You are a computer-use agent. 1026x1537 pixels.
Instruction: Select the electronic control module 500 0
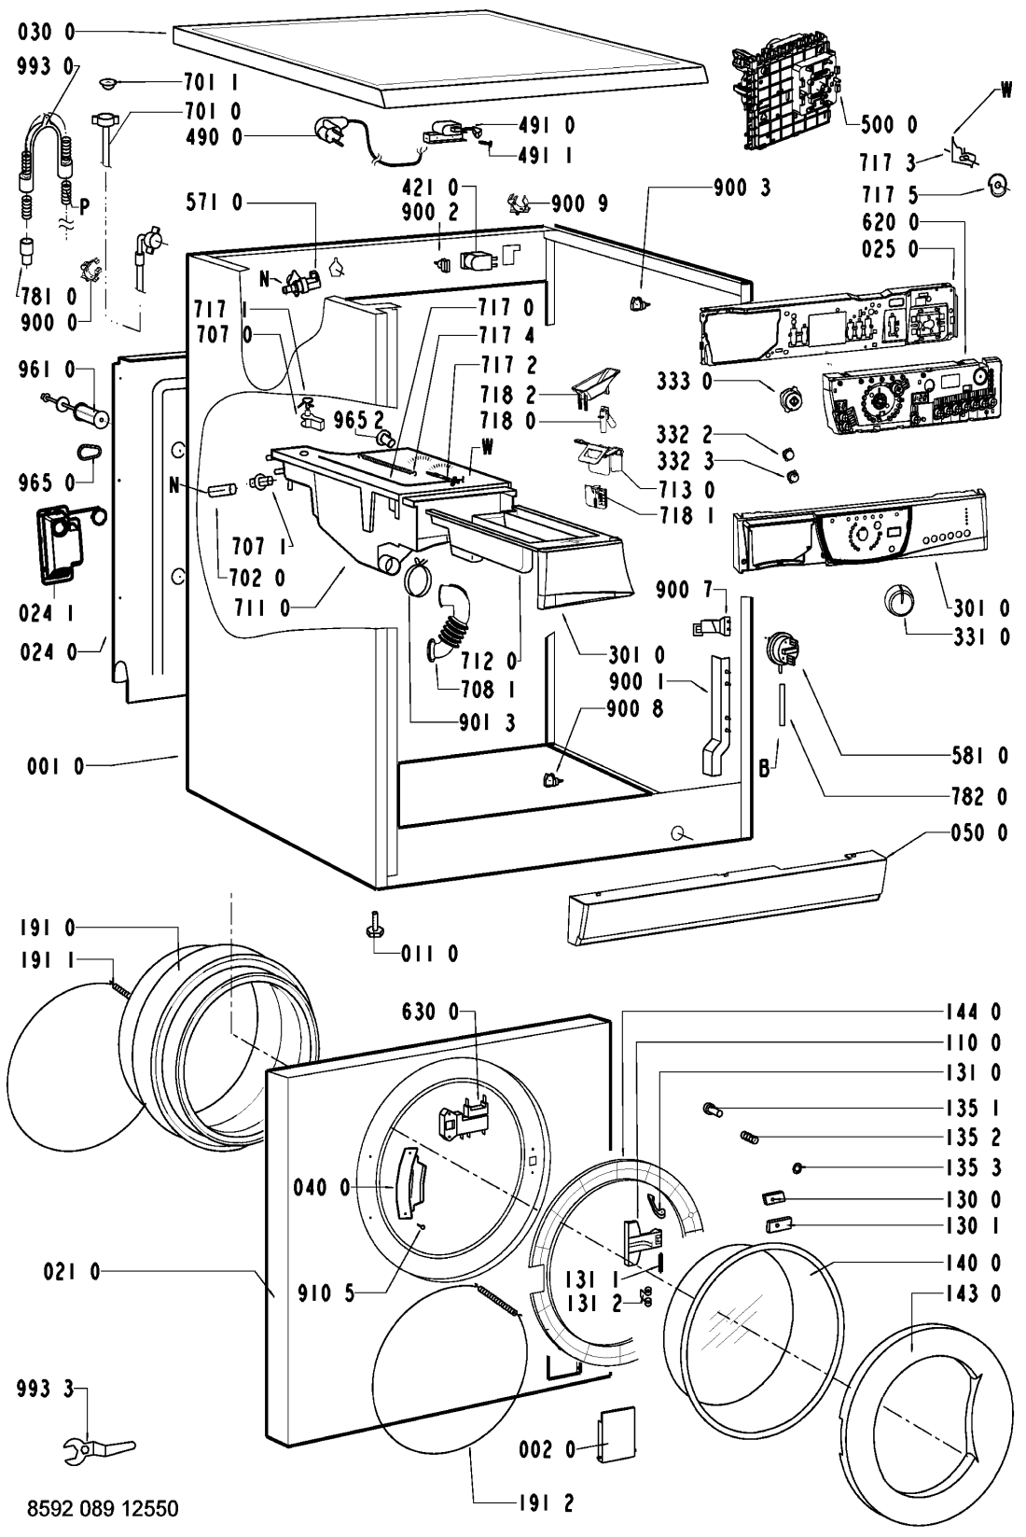pyautogui.click(x=787, y=93)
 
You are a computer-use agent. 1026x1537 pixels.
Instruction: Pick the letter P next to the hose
pyautogui.click(x=84, y=207)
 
